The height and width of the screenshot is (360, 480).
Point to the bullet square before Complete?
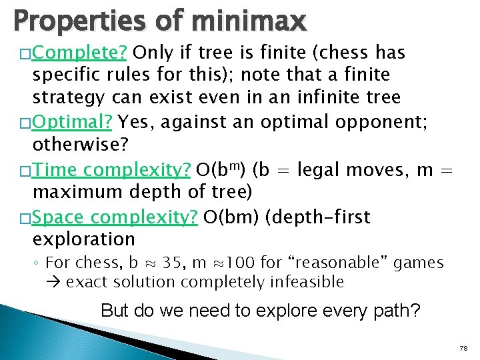tap(26, 53)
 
